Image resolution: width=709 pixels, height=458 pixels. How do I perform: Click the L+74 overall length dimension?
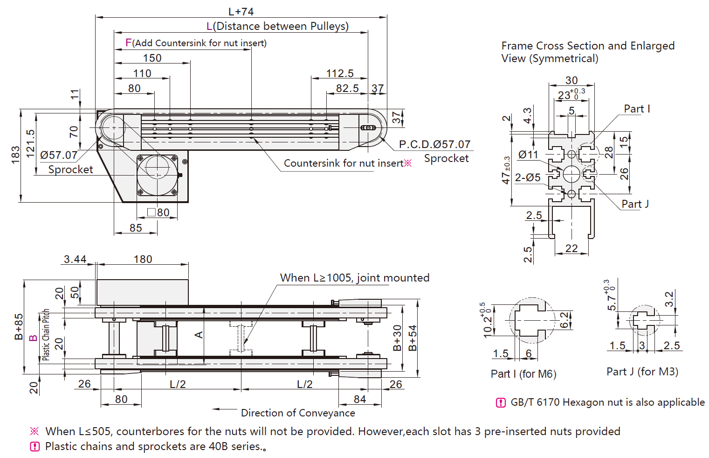pos(241,12)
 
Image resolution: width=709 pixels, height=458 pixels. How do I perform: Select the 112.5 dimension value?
pos(340,73)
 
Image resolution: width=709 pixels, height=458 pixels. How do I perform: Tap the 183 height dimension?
pos(15,155)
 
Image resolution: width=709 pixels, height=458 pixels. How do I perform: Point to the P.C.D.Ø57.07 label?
pos(434,144)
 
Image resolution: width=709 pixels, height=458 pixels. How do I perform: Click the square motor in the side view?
pos(157,175)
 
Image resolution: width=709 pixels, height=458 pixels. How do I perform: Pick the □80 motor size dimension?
pos(158,212)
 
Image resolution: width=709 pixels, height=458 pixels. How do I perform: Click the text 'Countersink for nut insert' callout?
pos(344,163)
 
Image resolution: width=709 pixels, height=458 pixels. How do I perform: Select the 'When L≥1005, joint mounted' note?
pos(354,278)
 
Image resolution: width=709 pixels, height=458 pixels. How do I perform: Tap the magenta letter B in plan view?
pos(33,338)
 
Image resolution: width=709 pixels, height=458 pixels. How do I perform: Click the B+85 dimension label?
pos(19,326)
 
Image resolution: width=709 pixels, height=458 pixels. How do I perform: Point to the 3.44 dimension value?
pos(75,259)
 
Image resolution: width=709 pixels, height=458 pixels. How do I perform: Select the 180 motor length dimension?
pos(143,259)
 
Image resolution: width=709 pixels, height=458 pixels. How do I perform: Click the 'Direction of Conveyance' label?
pos(298,413)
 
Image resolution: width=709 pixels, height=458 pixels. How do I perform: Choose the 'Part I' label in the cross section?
pos(637,109)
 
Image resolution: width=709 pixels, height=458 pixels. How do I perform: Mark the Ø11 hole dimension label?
pos(528,155)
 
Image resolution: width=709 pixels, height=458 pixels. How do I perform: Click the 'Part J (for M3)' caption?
pos(642,372)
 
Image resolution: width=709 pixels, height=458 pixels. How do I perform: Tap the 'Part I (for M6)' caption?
pos(523,374)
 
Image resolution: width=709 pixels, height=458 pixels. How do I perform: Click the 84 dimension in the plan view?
pos(360,399)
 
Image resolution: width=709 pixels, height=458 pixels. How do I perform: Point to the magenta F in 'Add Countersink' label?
pos(129,43)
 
